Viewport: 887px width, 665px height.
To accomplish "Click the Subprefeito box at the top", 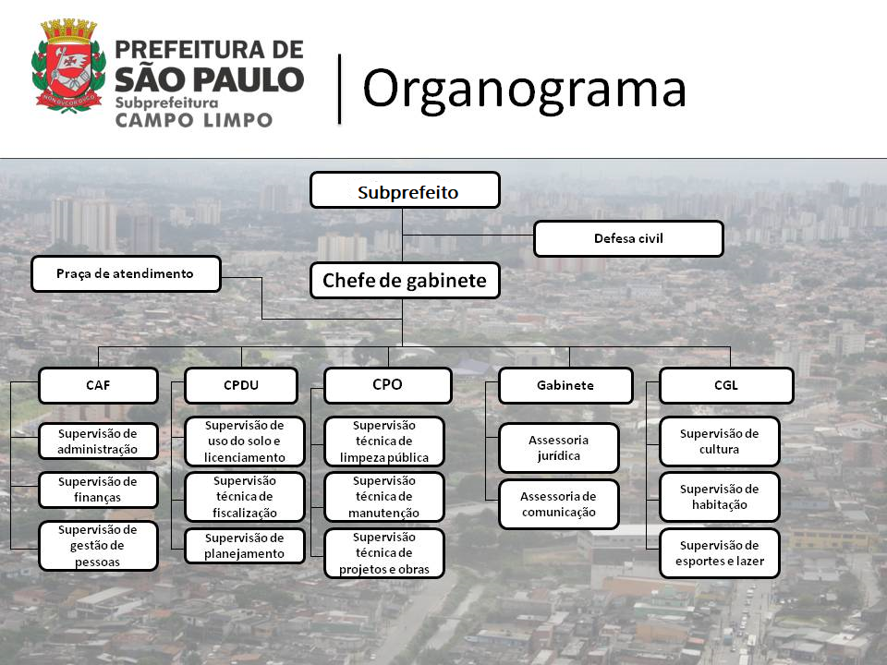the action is tap(405, 190).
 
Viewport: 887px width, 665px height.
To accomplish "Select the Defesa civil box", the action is tap(628, 238).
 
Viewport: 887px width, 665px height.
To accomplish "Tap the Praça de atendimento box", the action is tap(126, 273).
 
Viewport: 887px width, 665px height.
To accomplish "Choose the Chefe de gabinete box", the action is tap(405, 281).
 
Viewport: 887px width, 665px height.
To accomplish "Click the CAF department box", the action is tap(99, 385).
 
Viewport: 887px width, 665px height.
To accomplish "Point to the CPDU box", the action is tap(241, 385).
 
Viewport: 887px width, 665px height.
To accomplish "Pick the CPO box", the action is tap(388, 385).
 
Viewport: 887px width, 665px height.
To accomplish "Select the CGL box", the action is tap(726, 385).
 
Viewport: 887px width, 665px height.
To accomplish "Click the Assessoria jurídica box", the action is tap(559, 448).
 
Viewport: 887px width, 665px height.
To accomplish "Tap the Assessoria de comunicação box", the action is tap(559, 504).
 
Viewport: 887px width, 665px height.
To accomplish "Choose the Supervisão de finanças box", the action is tap(98, 490).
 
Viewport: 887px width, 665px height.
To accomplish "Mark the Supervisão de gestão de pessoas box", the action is tap(98, 546).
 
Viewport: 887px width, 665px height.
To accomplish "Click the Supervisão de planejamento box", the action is tap(244, 546).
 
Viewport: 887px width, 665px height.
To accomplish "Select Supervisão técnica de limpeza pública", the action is tap(384, 441).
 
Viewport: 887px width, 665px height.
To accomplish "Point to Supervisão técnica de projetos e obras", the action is tap(384, 553).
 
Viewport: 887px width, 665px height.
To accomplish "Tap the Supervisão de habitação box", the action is tap(720, 497).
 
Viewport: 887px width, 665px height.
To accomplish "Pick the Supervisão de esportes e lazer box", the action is tap(720, 553).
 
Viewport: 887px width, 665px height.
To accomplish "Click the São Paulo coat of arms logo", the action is tap(68, 66).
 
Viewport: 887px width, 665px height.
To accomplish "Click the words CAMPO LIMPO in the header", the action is tap(194, 120).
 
